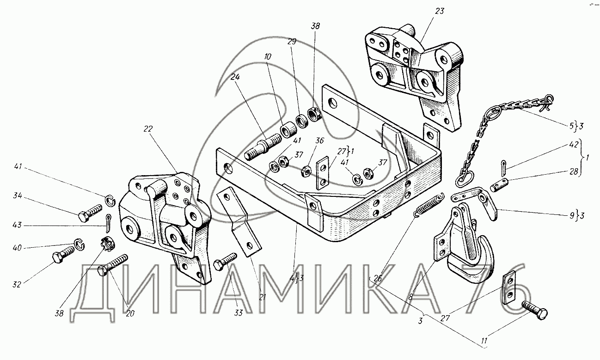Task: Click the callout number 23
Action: click(439, 11)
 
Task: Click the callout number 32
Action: click(17, 285)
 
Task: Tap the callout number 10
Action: click(268, 56)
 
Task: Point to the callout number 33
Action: click(238, 313)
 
